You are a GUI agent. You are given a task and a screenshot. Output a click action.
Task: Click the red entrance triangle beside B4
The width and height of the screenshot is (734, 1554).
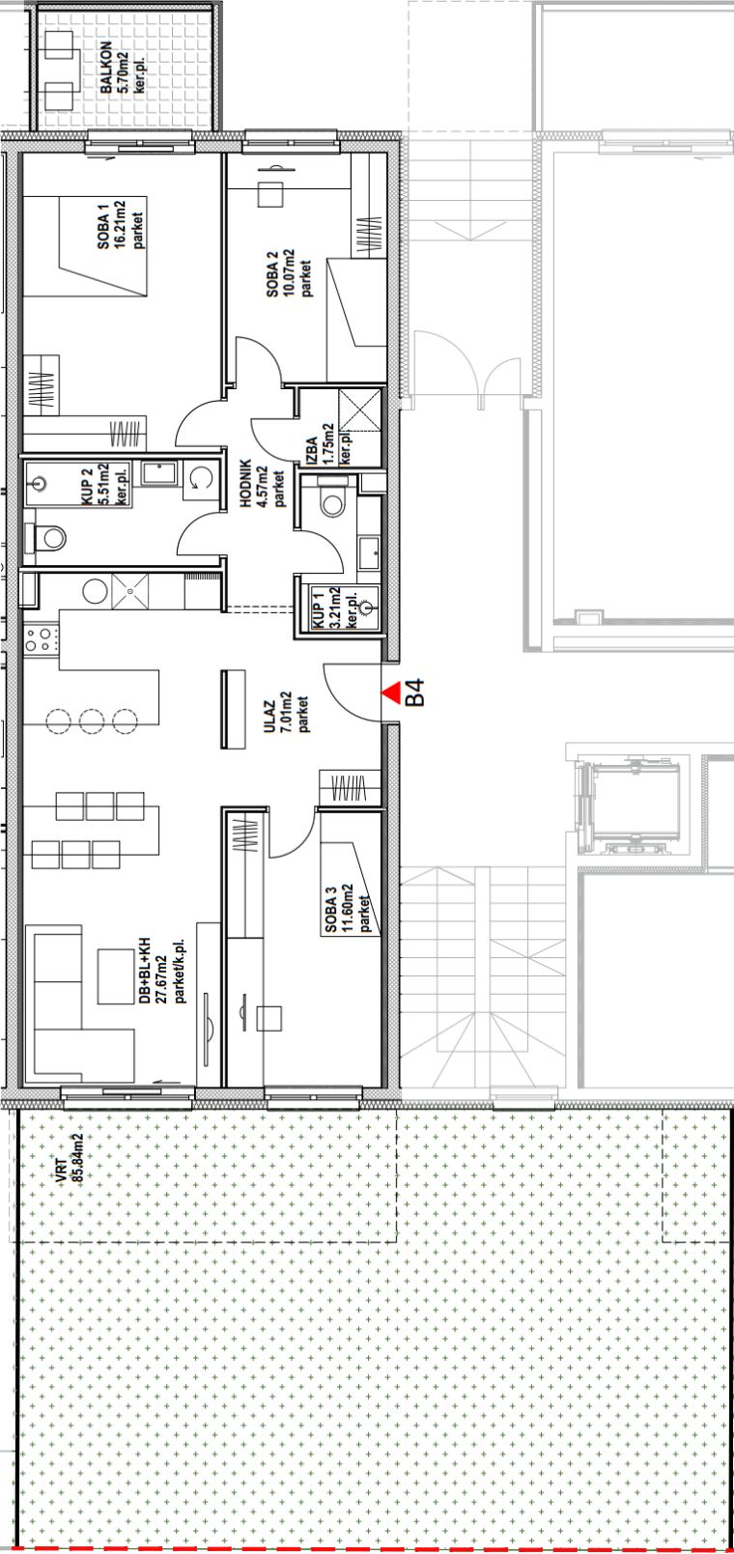coord(392,692)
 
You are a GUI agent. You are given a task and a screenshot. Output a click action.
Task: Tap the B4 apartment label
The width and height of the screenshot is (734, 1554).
coord(414,692)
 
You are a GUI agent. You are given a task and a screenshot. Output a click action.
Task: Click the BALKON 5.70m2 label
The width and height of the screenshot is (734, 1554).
coord(122,68)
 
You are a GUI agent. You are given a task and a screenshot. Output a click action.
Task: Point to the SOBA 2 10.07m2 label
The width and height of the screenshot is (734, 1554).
coord(290,273)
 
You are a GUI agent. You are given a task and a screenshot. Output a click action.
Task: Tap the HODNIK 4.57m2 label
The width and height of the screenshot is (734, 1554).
coord(263,483)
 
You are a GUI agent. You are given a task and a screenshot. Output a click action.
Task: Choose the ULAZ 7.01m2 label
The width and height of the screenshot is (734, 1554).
coord(286,712)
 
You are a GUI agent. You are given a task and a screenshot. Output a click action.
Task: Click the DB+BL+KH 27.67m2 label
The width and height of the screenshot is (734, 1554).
coord(162,971)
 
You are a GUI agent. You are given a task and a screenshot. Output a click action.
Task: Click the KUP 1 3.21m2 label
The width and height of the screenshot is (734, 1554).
coord(335,607)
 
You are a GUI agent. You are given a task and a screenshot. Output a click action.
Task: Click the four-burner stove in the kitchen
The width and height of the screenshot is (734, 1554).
coord(41,639)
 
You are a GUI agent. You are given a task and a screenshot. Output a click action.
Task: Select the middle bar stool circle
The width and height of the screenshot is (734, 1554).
coord(92,720)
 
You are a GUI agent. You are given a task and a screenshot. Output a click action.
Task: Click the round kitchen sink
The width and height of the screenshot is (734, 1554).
coord(95,591)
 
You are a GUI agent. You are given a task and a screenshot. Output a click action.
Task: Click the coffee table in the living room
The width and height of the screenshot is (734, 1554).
coord(116,976)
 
